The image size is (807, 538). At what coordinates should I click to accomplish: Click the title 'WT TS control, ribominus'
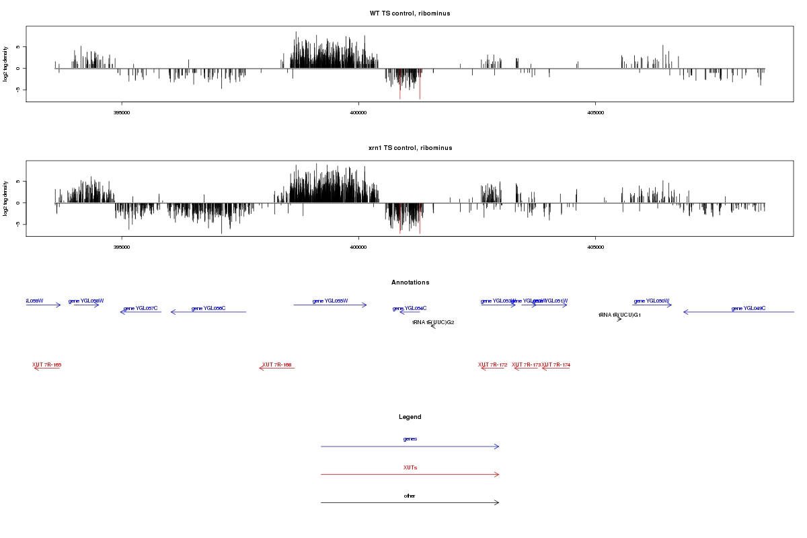coord(410,13)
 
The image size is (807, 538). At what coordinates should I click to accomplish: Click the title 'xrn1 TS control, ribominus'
coord(410,148)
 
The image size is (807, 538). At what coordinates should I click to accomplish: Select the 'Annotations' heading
coord(410,282)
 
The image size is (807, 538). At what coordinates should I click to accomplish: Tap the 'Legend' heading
coord(410,417)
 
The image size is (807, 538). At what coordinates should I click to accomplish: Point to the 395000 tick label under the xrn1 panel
coord(122,247)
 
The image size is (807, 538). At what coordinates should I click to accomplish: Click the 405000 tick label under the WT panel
coord(595,112)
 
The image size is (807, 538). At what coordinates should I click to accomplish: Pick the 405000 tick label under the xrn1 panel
coord(595,247)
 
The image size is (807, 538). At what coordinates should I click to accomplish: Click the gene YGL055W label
coord(330,301)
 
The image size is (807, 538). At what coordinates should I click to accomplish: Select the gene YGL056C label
coord(208,308)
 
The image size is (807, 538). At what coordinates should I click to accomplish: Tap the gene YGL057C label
coord(141,308)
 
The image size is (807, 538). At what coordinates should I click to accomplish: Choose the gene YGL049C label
coord(748,308)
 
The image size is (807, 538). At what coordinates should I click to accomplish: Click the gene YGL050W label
coord(652,301)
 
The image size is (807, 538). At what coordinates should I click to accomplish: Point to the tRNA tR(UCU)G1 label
coord(619,315)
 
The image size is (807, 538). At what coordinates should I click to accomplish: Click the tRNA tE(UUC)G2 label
coord(433,322)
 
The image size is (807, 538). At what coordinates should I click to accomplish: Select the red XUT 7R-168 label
coord(277,364)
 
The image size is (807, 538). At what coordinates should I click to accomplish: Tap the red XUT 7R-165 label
coord(47,364)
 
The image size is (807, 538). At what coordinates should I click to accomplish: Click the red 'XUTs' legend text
coord(410,467)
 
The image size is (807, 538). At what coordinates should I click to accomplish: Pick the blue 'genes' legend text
coord(410,439)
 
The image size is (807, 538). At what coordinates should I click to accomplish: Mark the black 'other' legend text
coord(410,496)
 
